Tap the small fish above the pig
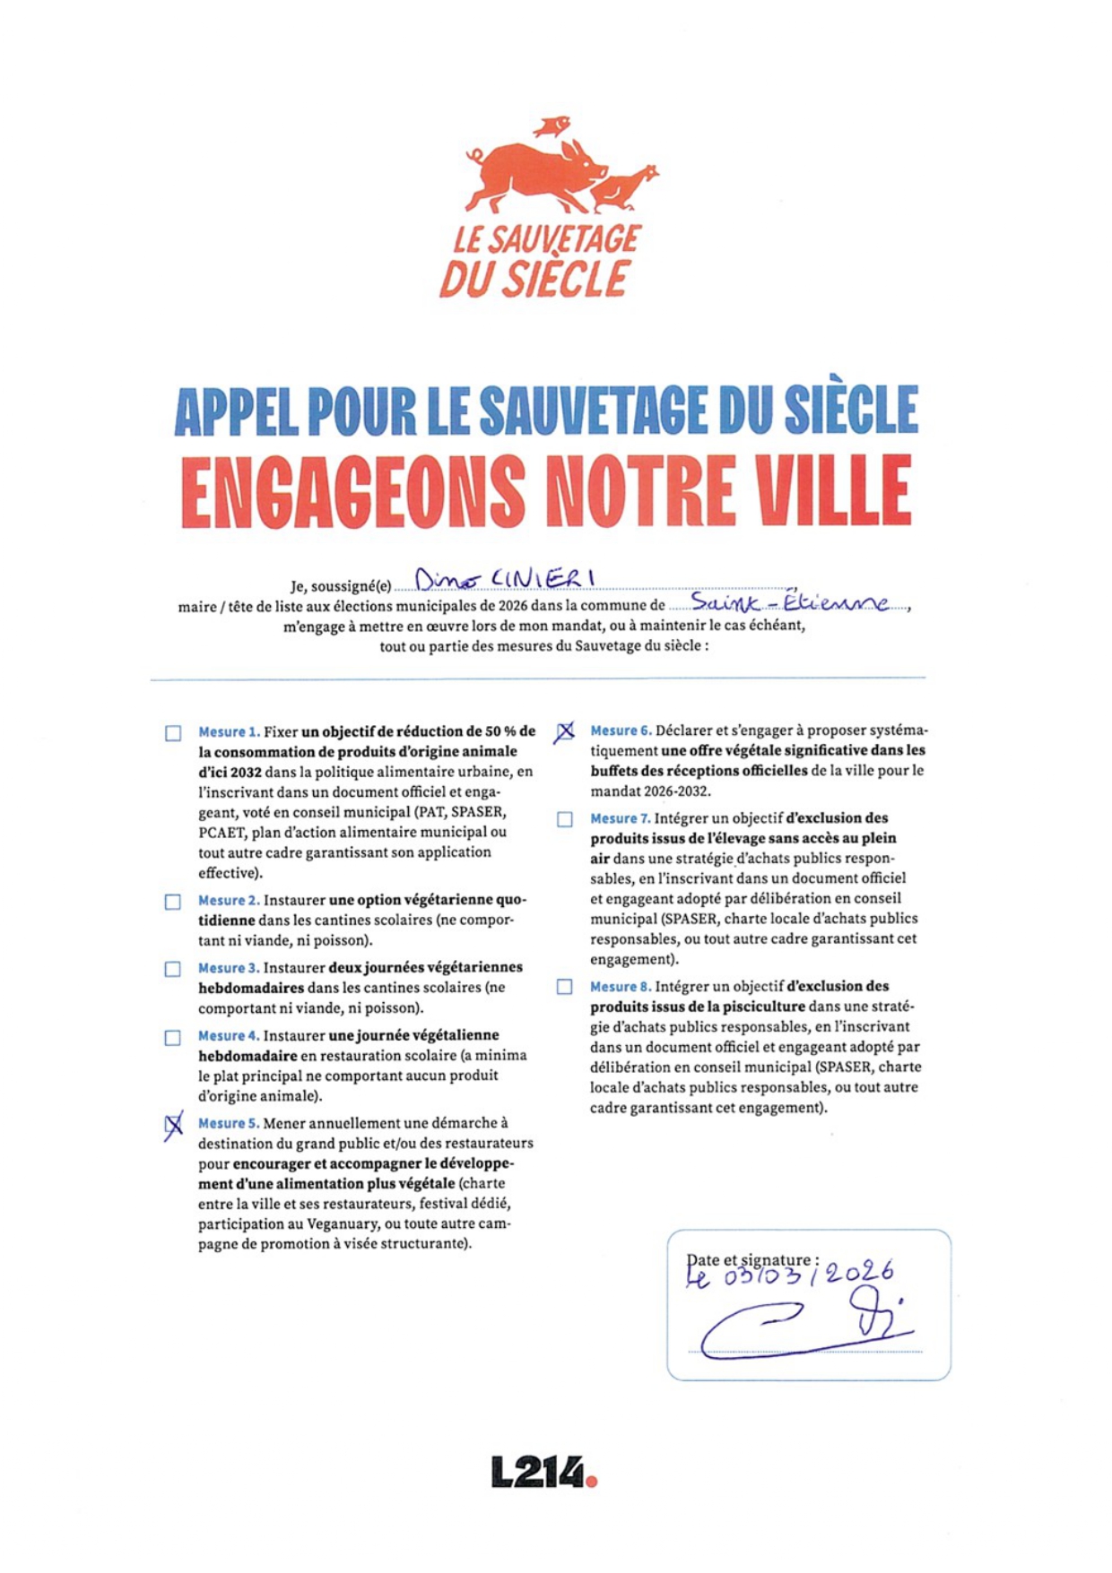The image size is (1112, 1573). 551,125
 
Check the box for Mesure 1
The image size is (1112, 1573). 173,733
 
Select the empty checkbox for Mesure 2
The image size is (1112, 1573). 173,902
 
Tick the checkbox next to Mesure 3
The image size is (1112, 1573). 173,969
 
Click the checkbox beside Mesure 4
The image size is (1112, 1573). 173,1037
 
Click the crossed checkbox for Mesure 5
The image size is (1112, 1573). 174,1126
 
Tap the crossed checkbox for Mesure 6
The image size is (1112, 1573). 564,732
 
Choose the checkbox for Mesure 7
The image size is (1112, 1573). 565,819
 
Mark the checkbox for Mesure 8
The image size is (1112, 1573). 565,987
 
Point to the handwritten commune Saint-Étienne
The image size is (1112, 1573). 789,602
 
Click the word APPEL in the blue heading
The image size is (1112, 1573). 236,411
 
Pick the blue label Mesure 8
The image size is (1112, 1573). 620,987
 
